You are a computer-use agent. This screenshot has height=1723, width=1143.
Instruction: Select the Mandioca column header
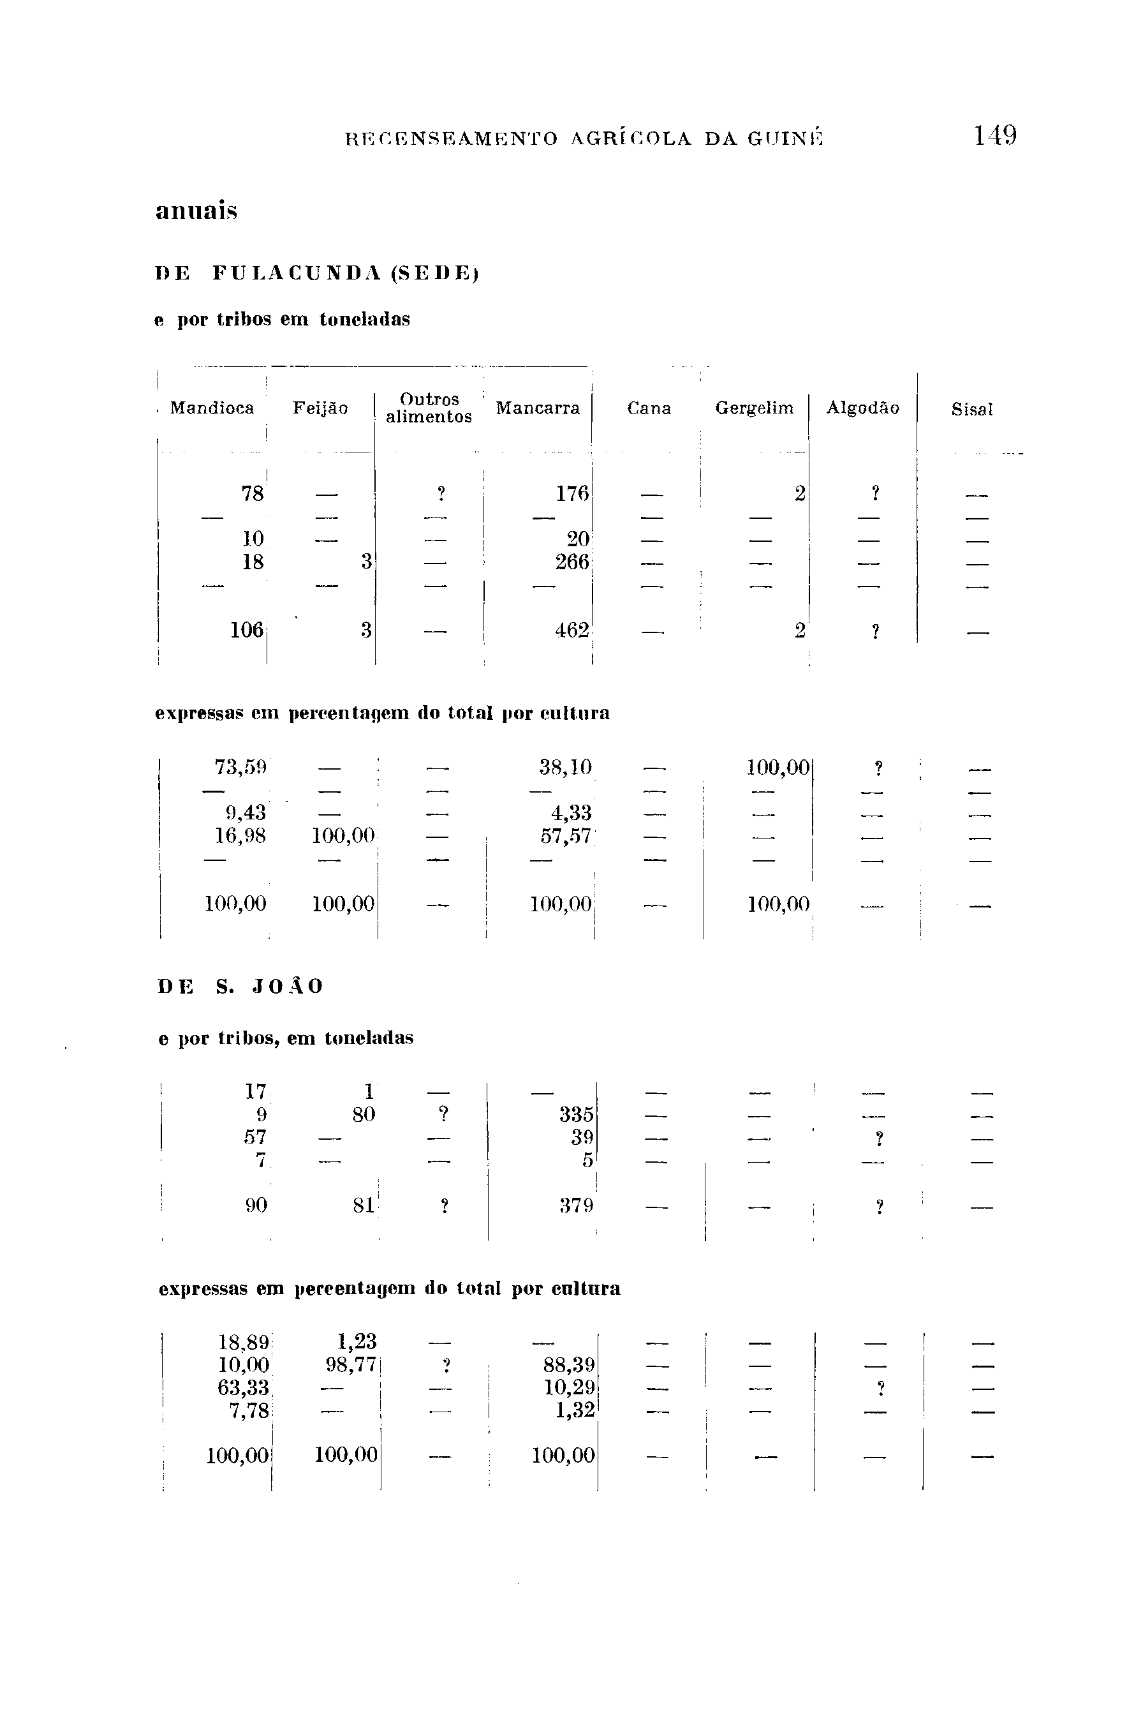tap(212, 408)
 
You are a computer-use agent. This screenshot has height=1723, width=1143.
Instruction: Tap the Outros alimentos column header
tap(429, 408)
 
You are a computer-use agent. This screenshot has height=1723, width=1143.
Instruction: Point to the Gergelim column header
tap(754, 408)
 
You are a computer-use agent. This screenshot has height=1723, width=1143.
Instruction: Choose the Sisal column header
tap(971, 410)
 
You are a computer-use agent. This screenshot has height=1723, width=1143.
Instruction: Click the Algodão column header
tap(862, 408)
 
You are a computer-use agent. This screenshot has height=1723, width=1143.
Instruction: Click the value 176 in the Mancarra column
tap(571, 495)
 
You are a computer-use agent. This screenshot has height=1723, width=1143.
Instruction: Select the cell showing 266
tap(571, 562)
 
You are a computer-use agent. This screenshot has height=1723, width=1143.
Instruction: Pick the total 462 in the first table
tap(571, 630)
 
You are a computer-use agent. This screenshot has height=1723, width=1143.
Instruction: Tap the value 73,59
tap(240, 767)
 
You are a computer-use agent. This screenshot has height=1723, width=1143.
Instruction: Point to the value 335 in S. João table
tap(576, 1115)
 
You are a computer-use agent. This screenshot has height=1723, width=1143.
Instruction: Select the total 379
tap(576, 1206)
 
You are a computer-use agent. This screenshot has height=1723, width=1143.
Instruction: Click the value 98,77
tap(351, 1364)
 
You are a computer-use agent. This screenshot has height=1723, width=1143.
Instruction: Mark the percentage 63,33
tap(244, 1387)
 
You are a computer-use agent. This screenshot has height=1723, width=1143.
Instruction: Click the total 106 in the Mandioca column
tap(246, 630)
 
